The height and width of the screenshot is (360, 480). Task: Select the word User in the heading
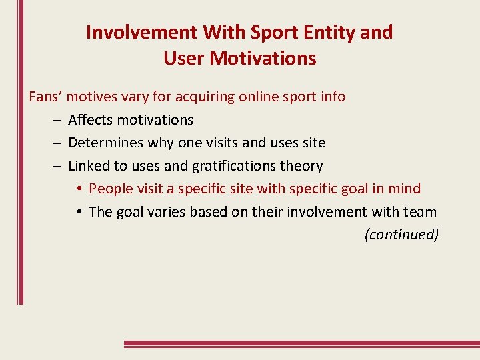click(x=184, y=59)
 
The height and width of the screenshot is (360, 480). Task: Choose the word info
click(x=332, y=97)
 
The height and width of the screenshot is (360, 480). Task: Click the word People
click(x=111, y=189)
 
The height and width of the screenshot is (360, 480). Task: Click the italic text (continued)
click(x=401, y=235)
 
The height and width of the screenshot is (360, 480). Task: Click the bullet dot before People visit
click(x=79, y=189)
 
